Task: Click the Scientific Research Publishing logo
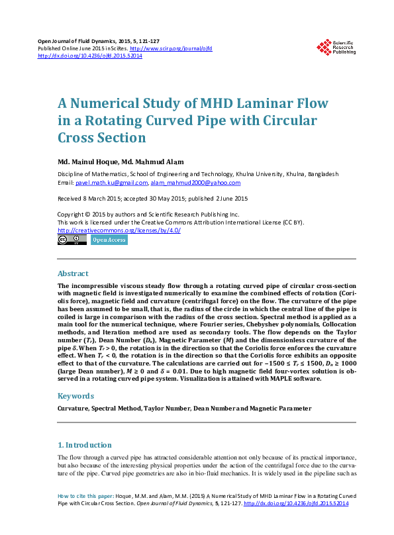[336, 46]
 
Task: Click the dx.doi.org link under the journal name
[90, 56]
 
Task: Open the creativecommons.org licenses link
[119, 230]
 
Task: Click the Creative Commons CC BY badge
[72, 240]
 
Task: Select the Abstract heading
[73, 273]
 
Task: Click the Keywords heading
[75, 396]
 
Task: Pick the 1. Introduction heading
[84, 445]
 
